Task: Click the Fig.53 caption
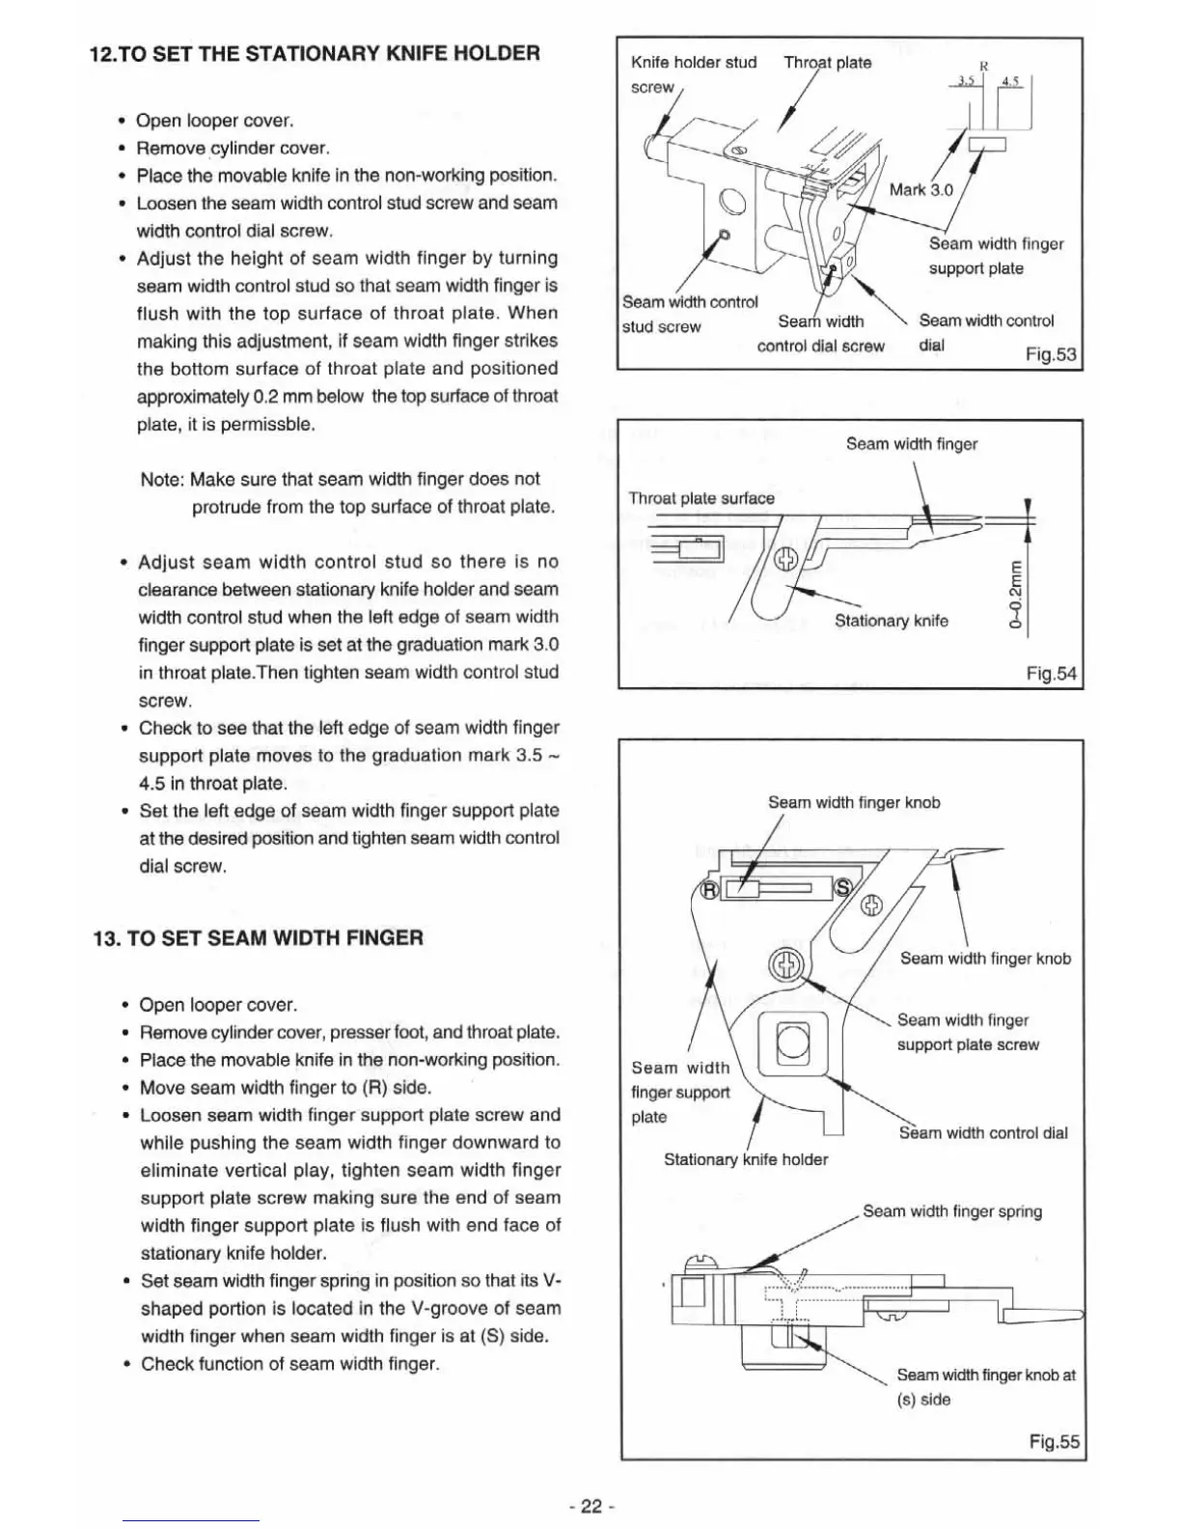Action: [x=1051, y=354]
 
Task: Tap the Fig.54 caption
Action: [x=1051, y=674]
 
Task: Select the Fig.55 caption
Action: [x=1054, y=1442]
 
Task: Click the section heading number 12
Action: [x=101, y=53]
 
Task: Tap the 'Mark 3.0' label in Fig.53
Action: [x=920, y=190]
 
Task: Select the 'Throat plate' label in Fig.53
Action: [x=827, y=63]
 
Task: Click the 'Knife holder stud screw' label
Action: [x=693, y=74]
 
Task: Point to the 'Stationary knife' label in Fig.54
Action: [x=891, y=621]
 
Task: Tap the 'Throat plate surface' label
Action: [x=701, y=498]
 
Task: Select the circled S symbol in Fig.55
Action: [x=842, y=889]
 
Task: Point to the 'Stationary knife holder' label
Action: [x=745, y=1159]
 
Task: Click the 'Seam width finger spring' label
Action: [x=951, y=1211]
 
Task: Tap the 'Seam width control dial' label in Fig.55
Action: [x=982, y=1133]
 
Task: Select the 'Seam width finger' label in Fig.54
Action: [x=911, y=444]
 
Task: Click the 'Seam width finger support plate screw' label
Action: [x=967, y=1032]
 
